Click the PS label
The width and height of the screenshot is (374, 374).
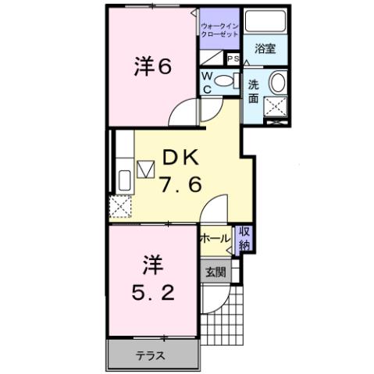pos(232,59)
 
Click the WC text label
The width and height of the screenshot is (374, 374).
pos(207,81)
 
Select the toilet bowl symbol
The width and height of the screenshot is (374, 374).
pos(227,80)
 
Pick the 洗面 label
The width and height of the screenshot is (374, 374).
pos(255,91)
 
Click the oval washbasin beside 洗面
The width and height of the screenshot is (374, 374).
pos(278,84)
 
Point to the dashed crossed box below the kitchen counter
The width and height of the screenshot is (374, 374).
pos(121,208)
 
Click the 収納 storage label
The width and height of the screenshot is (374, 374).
pos(244,237)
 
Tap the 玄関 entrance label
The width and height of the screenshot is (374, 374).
pos(215,272)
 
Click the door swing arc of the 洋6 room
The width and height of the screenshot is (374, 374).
pos(181,112)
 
